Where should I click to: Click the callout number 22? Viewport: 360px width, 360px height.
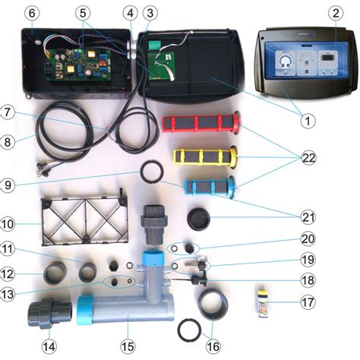pos(308,158)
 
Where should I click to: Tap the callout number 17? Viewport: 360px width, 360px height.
pos(308,302)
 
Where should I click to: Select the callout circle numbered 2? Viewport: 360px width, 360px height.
pos(336,13)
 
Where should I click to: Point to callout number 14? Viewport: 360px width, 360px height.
pos(49,347)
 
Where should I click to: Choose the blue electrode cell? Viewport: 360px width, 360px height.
pos(210,188)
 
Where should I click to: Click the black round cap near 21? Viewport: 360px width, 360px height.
pos(198,218)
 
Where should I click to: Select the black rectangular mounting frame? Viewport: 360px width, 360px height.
pos(84,220)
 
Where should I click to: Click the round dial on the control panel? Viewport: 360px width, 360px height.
pos(285,62)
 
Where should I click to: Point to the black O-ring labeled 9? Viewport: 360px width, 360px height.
pos(150,172)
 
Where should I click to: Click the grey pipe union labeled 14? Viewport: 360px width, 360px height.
pos(50,314)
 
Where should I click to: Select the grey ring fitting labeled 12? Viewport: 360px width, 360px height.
pos(55,273)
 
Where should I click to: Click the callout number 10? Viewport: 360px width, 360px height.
pos(8,224)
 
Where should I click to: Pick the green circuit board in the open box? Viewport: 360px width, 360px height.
pos(80,66)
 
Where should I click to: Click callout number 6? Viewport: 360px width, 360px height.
pos(32,13)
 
